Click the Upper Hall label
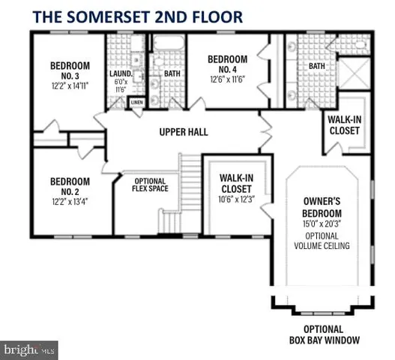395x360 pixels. click(x=183, y=133)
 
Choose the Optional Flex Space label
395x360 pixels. click(x=150, y=185)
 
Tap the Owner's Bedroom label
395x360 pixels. click(x=327, y=206)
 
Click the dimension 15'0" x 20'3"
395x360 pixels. click(x=327, y=223)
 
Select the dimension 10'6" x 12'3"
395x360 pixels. click(x=238, y=199)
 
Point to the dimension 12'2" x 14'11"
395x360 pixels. click(x=70, y=85)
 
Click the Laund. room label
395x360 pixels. click(x=121, y=73)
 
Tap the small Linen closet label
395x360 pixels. click(x=137, y=102)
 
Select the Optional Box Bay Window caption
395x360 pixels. click(x=323, y=334)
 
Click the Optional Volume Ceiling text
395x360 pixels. click(x=327, y=241)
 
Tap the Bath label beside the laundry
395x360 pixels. click(x=172, y=73)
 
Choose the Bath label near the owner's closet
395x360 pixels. click(x=318, y=67)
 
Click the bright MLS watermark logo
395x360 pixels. click(x=30, y=349)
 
